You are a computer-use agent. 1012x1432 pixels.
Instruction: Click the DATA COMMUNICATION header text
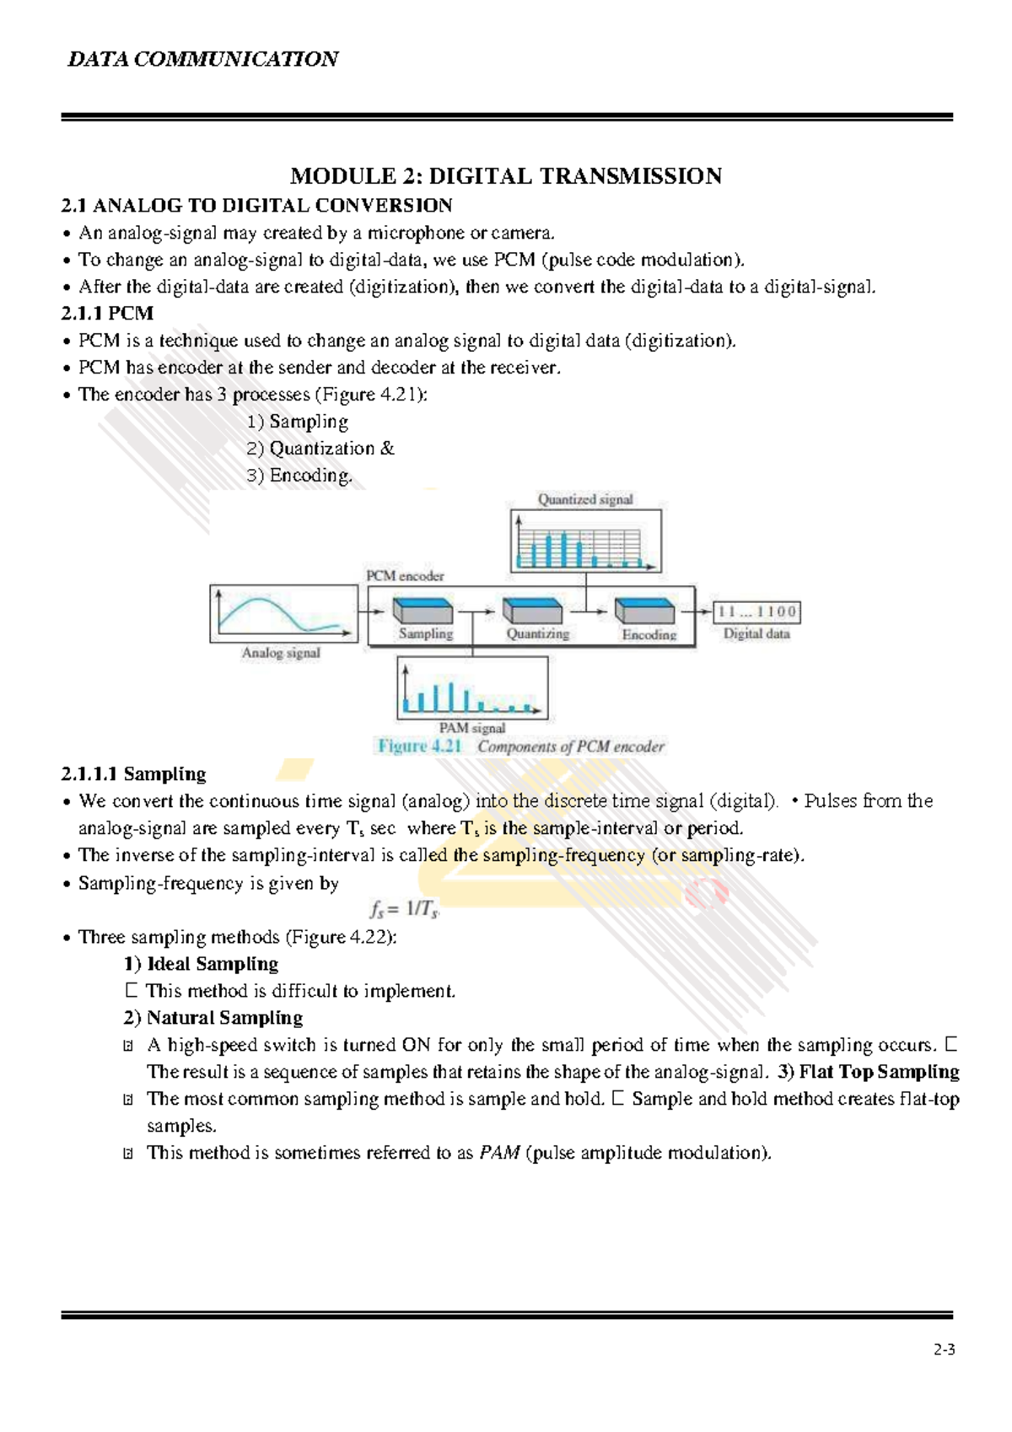point(202,59)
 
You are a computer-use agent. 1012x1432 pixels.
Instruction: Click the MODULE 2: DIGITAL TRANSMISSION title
point(506,175)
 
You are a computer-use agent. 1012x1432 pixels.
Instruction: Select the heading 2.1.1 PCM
point(107,313)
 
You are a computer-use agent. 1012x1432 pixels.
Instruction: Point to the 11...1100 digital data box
point(756,611)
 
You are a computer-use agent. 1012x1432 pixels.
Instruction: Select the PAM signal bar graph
point(472,688)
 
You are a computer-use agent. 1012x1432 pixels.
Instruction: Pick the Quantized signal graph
point(585,541)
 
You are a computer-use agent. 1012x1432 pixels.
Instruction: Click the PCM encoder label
point(405,576)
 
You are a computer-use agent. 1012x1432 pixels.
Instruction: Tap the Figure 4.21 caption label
point(420,746)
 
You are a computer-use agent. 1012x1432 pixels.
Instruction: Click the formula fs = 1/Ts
point(404,909)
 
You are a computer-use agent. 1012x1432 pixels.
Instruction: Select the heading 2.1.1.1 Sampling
point(133,773)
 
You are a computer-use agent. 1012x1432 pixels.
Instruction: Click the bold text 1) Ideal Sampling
point(201,963)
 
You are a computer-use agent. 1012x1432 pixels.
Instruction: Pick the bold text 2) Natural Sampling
point(213,1017)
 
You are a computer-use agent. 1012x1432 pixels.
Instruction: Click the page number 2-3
point(944,1349)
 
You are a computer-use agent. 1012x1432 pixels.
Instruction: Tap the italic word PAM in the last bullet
point(499,1152)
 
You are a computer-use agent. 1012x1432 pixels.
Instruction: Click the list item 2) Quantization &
point(320,448)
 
